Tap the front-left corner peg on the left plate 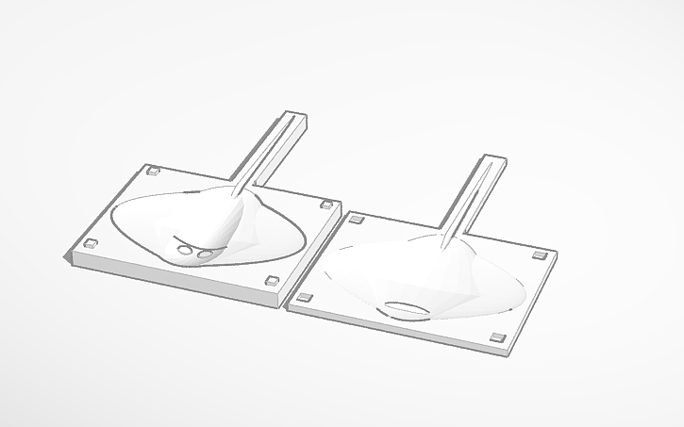tap(91, 243)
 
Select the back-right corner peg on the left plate tap(327, 203)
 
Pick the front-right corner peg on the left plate tap(272, 280)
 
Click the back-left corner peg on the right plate tap(357, 220)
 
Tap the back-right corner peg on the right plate tap(540, 255)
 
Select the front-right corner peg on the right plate tap(499, 338)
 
